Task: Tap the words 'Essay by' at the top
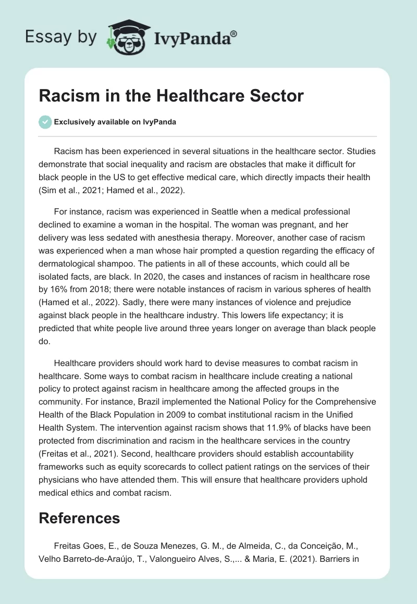[61, 36]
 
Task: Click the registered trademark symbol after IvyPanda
[234, 33]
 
